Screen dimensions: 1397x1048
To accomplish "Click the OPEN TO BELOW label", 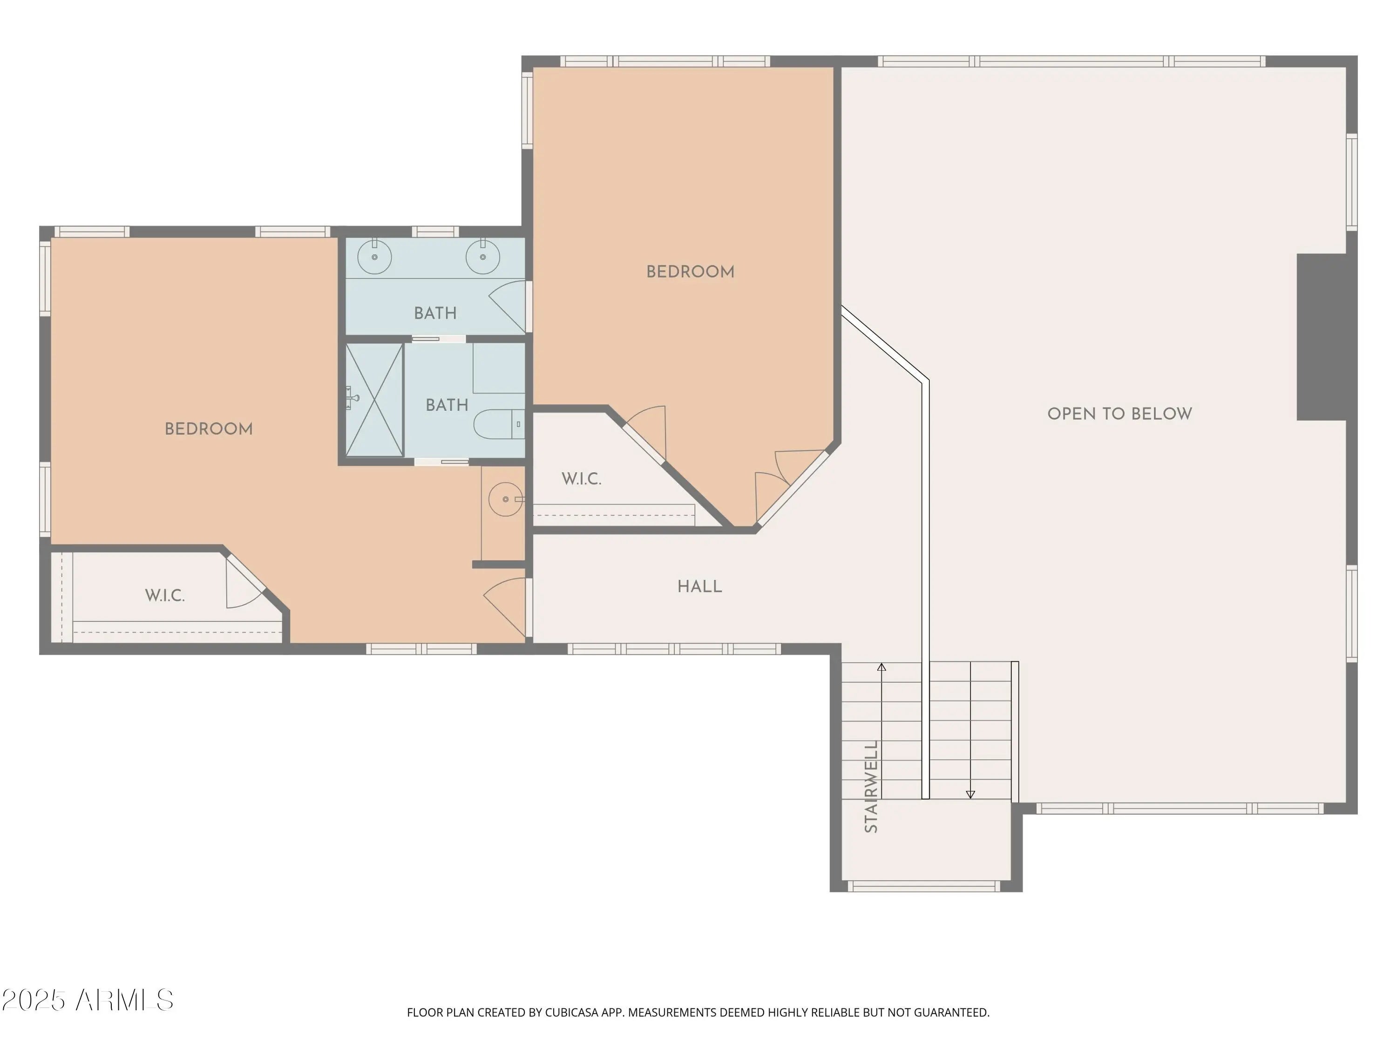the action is coord(1119,414).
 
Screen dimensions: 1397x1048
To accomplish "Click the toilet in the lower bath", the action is coord(499,424).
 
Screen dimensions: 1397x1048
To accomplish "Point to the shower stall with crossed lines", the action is coord(374,399).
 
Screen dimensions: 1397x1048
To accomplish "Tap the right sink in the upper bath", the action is coord(482,257).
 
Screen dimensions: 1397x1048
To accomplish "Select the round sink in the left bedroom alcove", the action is coord(506,499).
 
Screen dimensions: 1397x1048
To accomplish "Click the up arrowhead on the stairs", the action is coord(882,667).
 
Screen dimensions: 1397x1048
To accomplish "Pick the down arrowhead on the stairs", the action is coord(971,795).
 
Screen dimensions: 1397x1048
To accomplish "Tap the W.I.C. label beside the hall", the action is coord(581,479).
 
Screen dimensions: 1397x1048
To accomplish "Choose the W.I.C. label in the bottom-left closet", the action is coord(165,596).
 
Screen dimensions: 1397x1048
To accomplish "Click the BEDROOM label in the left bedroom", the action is coord(209,429).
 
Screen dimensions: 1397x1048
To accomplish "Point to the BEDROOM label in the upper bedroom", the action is coord(690,272).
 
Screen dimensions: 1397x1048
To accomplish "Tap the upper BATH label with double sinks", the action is coord(435,313).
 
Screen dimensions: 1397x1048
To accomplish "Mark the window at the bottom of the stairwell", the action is coord(923,886).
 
